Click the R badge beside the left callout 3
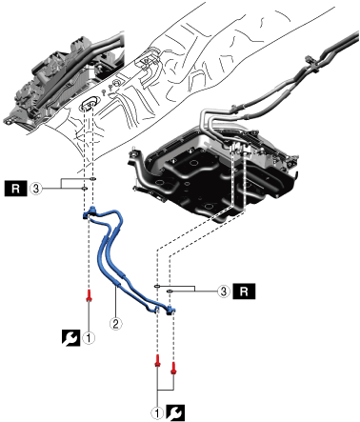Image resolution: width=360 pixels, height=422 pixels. tap(15, 189)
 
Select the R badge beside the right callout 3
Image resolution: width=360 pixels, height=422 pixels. tap(244, 291)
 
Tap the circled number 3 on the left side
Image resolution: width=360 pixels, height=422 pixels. tap(36, 189)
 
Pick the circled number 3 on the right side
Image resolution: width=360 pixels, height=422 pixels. tap(224, 291)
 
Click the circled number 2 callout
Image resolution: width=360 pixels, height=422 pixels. tap(115, 324)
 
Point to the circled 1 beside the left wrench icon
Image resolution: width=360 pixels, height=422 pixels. tap(89, 338)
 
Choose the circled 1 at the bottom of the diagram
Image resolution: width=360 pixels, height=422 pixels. tap(157, 412)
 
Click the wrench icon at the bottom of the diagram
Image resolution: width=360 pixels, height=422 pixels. tap(176, 412)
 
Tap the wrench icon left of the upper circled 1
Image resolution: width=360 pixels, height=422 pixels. tap(70, 338)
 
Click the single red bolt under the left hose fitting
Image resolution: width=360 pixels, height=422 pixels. tap(90, 295)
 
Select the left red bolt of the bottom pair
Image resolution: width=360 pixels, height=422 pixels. tap(157, 360)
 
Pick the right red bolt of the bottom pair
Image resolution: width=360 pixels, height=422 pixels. tap(173, 368)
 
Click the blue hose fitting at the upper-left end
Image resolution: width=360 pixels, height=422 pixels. tap(89, 213)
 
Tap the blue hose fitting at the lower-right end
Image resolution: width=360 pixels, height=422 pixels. tap(170, 310)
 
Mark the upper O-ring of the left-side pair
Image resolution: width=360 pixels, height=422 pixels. tap(92, 179)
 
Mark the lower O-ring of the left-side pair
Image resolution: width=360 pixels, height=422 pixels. tap(85, 189)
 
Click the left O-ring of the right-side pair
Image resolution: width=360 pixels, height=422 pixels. tap(157, 287)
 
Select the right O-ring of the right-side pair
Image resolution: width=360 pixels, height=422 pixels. tap(170, 291)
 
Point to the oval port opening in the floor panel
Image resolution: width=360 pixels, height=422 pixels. tap(89, 103)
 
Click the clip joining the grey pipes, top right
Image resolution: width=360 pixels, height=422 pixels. tap(310, 62)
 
